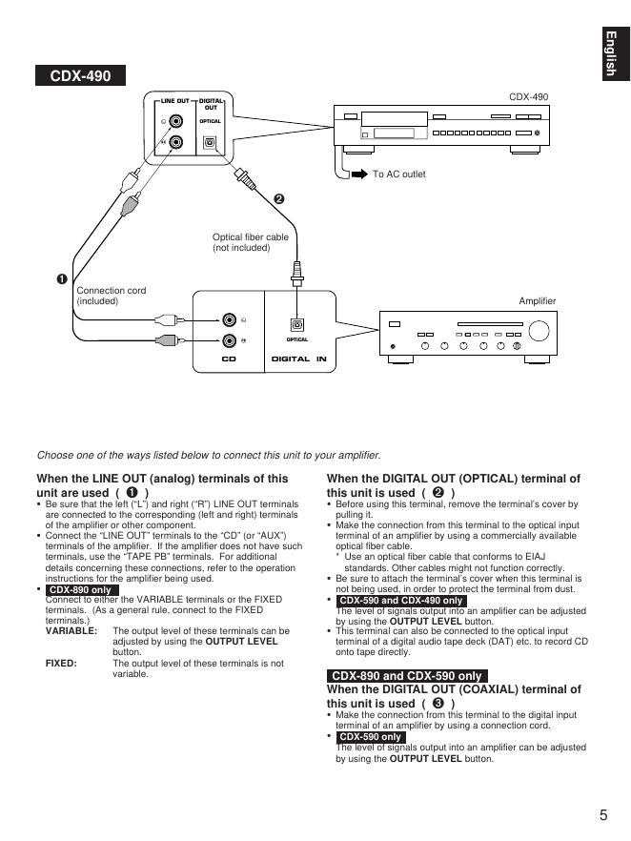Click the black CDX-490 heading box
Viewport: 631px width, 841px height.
(80, 76)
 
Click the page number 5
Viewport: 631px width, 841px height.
(603, 814)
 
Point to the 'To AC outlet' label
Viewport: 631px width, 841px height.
(398, 174)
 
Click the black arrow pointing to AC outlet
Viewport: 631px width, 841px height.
(359, 174)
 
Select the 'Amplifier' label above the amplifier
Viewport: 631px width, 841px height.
(537, 301)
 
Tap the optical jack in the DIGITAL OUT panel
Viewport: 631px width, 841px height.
(211, 143)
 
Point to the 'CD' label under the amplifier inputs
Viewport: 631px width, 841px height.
(229, 359)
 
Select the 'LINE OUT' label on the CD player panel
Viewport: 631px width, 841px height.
(174, 100)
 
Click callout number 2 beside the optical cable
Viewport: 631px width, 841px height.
(279, 199)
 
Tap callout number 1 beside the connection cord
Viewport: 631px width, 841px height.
(61, 278)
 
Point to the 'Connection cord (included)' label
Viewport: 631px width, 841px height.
(112, 296)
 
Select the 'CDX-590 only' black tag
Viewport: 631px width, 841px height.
(371, 737)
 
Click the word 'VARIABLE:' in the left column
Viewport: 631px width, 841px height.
(71, 631)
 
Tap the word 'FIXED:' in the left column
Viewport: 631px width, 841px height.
(61, 663)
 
